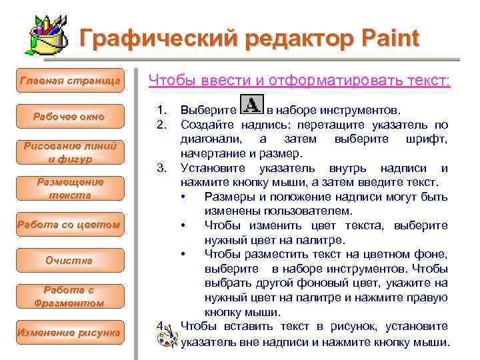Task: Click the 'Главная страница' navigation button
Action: tap(69, 81)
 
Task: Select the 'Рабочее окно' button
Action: tap(69, 117)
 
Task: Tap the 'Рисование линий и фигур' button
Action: tap(69, 153)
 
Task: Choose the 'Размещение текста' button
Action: tap(69, 189)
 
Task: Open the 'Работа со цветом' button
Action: tap(69, 225)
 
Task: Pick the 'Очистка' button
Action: tap(69, 260)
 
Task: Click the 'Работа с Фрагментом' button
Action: tap(69, 296)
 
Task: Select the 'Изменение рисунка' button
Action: tap(69, 332)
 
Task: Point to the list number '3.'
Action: tap(160, 166)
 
